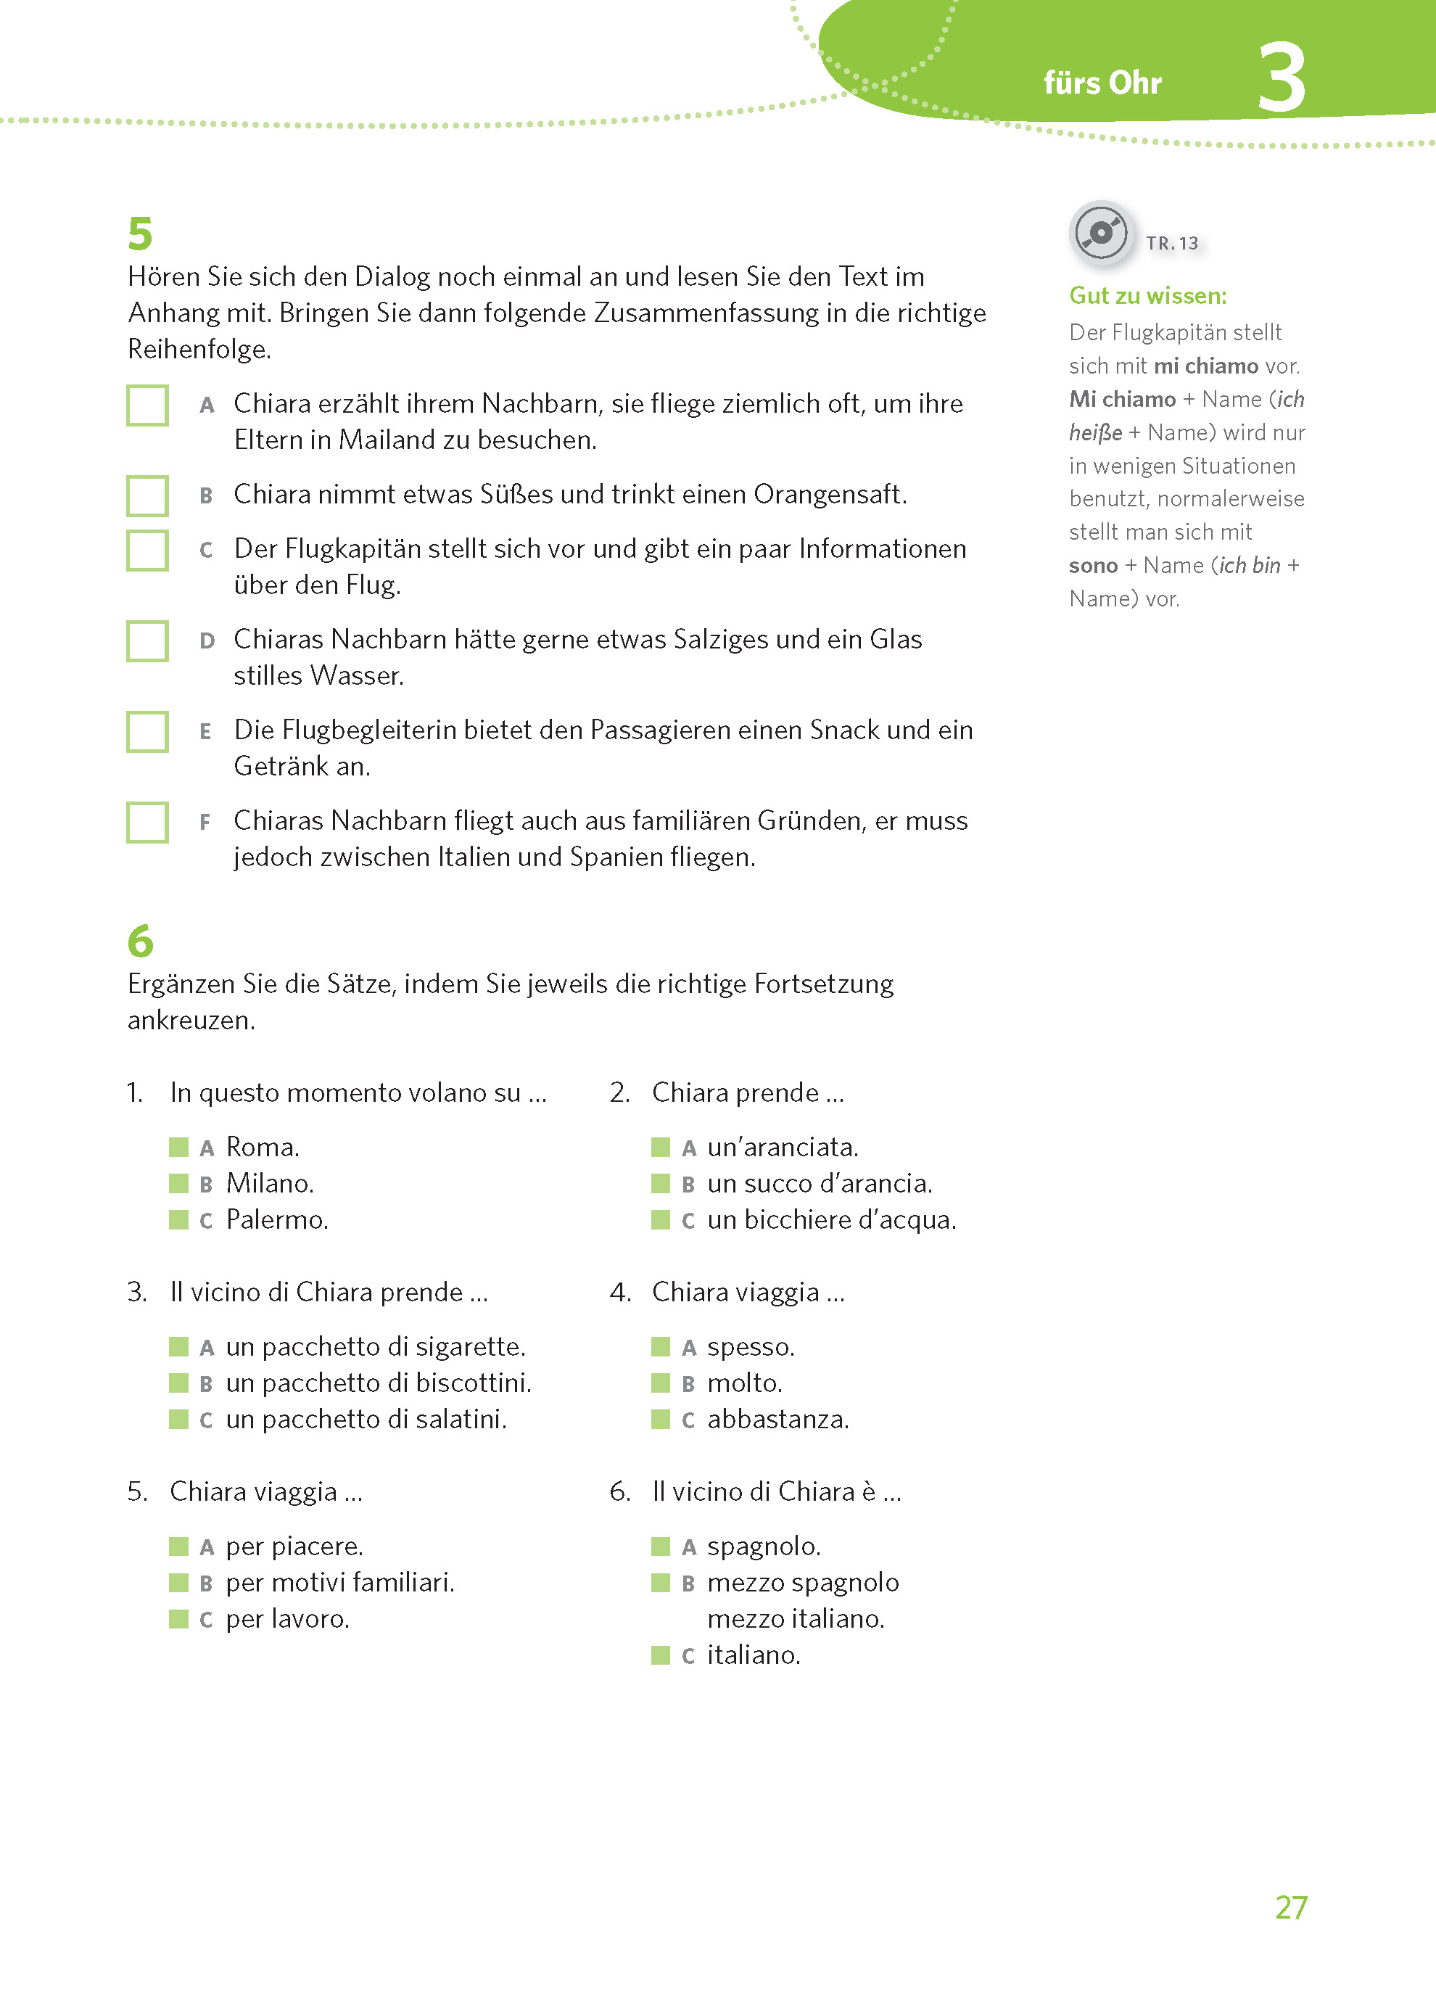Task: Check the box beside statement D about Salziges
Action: pyautogui.click(x=148, y=641)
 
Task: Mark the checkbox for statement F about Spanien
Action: pyautogui.click(x=148, y=823)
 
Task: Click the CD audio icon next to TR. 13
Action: pyautogui.click(x=1101, y=234)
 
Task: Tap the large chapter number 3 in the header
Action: pyautogui.click(x=1282, y=78)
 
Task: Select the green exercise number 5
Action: pyautogui.click(x=140, y=234)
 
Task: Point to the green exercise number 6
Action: pyautogui.click(x=140, y=941)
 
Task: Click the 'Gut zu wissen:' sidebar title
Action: pyautogui.click(x=1148, y=296)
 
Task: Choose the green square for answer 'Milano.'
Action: pyautogui.click(x=178, y=1183)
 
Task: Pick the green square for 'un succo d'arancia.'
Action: pyautogui.click(x=661, y=1183)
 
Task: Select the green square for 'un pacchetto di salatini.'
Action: pyautogui.click(x=178, y=1420)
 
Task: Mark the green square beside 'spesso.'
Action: pyautogui.click(x=661, y=1347)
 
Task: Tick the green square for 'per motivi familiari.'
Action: pyautogui.click(x=178, y=1582)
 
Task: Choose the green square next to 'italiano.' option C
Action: pyautogui.click(x=661, y=1655)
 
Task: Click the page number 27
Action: pyautogui.click(x=1291, y=1908)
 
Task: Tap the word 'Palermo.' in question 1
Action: pyautogui.click(x=277, y=1219)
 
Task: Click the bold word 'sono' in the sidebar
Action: pyautogui.click(x=1093, y=566)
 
